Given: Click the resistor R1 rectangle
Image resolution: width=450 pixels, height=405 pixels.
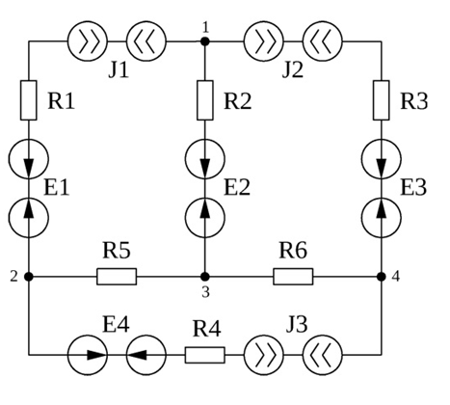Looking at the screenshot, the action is coord(29,100).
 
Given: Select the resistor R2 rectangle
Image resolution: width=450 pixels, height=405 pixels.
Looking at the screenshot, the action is coord(205,100).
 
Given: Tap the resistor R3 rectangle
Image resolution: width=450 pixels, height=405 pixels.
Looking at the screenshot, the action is coord(382,100).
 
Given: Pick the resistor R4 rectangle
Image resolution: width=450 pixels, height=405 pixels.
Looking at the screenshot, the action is coord(205,355).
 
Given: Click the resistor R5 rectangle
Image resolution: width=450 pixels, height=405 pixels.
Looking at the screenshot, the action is coord(117,277).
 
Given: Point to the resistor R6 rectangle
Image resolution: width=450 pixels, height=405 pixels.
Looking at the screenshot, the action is coord(293,277).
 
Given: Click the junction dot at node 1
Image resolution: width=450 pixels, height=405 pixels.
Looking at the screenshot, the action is coord(205,41).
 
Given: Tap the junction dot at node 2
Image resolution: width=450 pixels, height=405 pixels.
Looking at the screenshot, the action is coord(29,277).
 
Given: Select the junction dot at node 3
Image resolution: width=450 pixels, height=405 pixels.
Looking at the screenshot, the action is coord(205,277).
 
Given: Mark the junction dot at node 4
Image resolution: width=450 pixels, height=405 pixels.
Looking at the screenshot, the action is coord(382,277).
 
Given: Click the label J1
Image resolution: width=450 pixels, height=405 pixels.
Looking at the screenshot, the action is coord(119,69).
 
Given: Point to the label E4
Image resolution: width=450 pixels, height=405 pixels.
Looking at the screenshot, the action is coord(116,325).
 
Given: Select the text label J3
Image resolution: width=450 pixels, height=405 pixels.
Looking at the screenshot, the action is coord(297,325).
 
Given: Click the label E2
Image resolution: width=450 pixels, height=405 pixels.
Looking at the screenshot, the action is coord(237,188).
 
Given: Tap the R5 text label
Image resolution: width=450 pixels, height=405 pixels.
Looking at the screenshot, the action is coord(117,251).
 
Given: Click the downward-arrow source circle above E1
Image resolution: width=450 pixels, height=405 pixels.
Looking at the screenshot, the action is coord(29,159).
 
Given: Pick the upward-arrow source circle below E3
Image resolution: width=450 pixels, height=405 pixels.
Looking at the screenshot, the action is coord(382,218).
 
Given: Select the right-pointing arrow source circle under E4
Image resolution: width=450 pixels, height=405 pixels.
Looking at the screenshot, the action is coord(88,355).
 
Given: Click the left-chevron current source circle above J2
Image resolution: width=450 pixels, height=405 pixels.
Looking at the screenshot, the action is coord(323,41).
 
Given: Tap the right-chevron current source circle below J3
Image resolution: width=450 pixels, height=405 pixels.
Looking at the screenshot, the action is coord(264,355).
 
